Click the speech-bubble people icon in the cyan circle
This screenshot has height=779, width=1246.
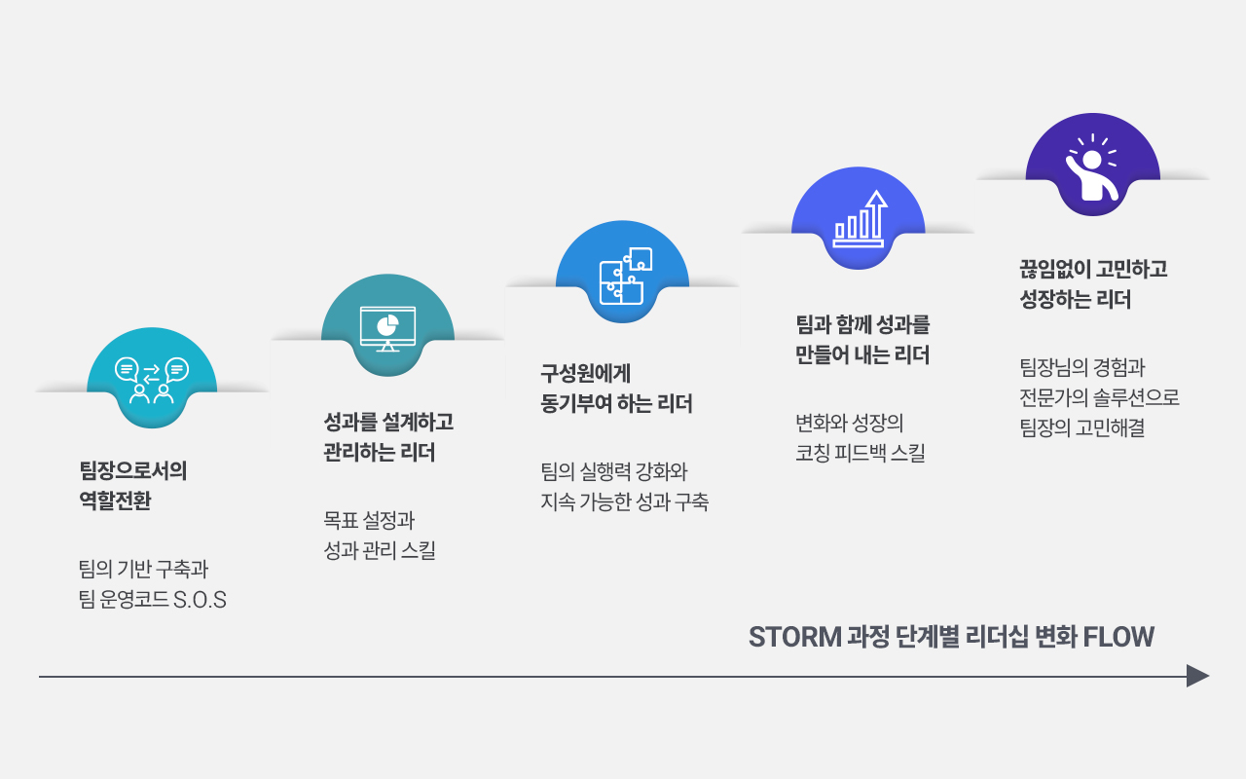[x=152, y=380]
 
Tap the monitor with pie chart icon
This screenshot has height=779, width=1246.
[x=387, y=329]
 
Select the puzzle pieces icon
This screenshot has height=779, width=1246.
[x=626, y=276]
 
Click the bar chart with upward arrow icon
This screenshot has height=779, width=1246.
[x=860, y=219]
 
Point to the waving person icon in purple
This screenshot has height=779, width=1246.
[x=1092, y=167]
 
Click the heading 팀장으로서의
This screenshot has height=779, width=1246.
[x=133, y=470]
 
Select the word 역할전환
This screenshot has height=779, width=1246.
[x=115, y=501]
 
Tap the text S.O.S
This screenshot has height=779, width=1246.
[x=200, y=600]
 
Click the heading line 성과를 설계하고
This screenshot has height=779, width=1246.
[x=388, y=422]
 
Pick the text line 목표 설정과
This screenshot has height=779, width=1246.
[x=369, y=520]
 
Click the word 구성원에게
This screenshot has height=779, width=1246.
[x=585, y=373]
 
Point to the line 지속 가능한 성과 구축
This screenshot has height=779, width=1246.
[x=625, y=501]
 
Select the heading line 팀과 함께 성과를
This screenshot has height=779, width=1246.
[x=862, y=324]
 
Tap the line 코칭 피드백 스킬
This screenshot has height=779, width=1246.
[x=861, y=453]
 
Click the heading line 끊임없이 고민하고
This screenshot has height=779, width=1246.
[x=1093, y=270]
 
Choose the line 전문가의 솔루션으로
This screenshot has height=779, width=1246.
[x=1099, y=397]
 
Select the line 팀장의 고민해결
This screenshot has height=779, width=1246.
[x=1081, y=427]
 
